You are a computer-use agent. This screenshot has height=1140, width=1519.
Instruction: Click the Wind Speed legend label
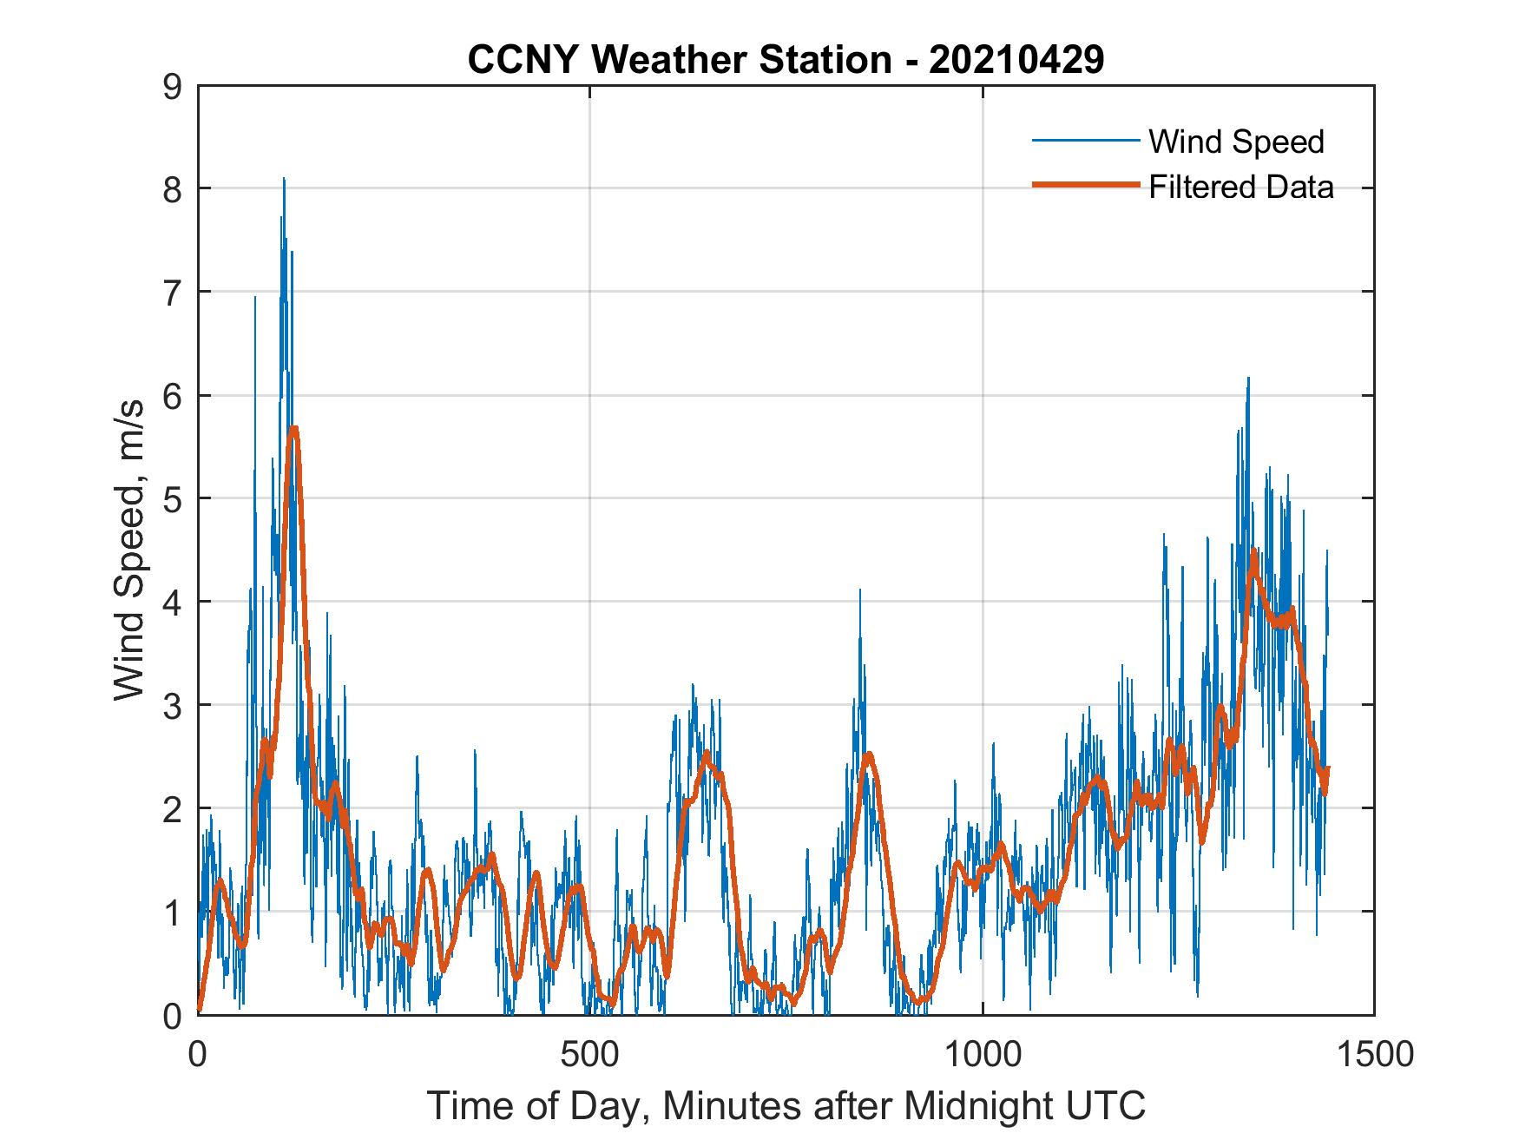click(1236, 142)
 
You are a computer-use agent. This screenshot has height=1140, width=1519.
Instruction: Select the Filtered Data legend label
click(1241, 187)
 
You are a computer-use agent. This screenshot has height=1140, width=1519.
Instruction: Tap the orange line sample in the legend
click(1085, 185)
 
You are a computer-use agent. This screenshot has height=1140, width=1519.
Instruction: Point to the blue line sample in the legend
click(1085, 140)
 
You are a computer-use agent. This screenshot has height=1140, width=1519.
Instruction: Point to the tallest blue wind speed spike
click(284, 179)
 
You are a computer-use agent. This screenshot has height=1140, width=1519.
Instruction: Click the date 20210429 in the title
click(1016, 60)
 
